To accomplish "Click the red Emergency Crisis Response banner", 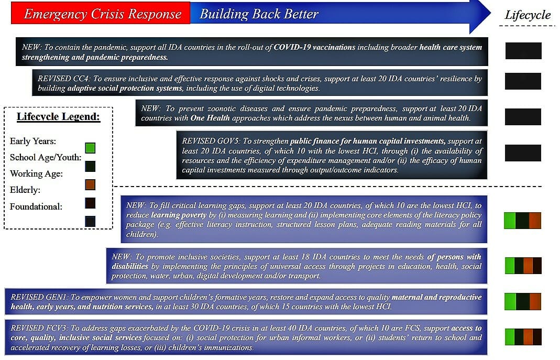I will (x=100, y=14).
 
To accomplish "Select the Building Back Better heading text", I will (x=259, y=14).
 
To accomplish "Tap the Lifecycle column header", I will (x=528, y=15).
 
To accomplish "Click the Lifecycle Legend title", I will (x=58, y=116).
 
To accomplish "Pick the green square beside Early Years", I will (x=90, y=148).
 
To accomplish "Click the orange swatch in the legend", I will (x=90, y=184).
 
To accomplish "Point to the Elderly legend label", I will (x=25, y=190).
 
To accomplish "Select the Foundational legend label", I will (x=36, y=206).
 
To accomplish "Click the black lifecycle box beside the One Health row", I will (x=523, y=117).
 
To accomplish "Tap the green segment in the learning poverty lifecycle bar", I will (x=509, y=221).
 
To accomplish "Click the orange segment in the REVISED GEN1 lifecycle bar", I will (x=535, y=301).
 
